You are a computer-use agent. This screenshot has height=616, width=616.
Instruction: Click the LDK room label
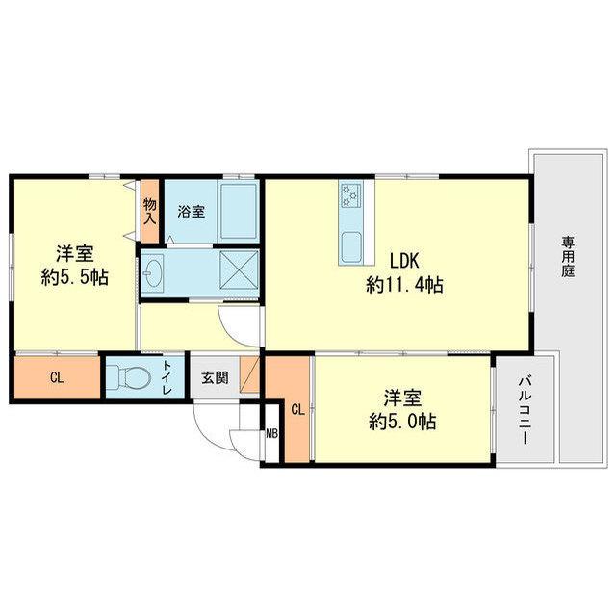[x=404, y=261]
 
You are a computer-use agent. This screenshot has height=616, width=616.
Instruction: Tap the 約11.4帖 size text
[x=404, y=285]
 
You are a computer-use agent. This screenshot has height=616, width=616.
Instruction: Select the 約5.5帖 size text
[x=75, y=278]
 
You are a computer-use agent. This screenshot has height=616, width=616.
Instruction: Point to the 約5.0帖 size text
[x=402, y=422]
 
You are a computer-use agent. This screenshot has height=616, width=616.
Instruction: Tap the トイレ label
[x=167, y=377]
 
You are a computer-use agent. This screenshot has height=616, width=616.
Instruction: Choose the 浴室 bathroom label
[x=192, y=212]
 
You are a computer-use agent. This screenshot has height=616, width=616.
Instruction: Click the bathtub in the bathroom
[x=239, y=212]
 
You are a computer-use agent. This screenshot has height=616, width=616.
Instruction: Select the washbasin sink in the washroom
[x=152, y=271]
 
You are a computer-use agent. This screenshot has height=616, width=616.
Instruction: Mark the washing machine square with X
[x=239, y=270]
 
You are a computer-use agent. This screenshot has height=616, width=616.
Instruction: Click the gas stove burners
[x=350, y=195]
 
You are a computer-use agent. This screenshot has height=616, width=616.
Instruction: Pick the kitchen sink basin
[x=350, y=247]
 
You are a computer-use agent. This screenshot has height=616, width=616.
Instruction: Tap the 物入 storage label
[x=150, y=212]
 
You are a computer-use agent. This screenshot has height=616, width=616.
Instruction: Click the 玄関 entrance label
[x=215, y=378]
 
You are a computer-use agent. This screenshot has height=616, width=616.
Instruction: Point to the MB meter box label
[x=271, y=434]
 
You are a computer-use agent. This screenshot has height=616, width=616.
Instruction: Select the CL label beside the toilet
[x=57, y=378]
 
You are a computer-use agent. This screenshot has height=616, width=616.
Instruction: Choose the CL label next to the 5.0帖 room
[x=297, y=410]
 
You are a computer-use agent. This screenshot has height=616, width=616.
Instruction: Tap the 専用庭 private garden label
[x=567, y=257]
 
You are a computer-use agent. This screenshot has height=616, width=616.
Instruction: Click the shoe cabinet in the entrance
[x=250, y=374]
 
